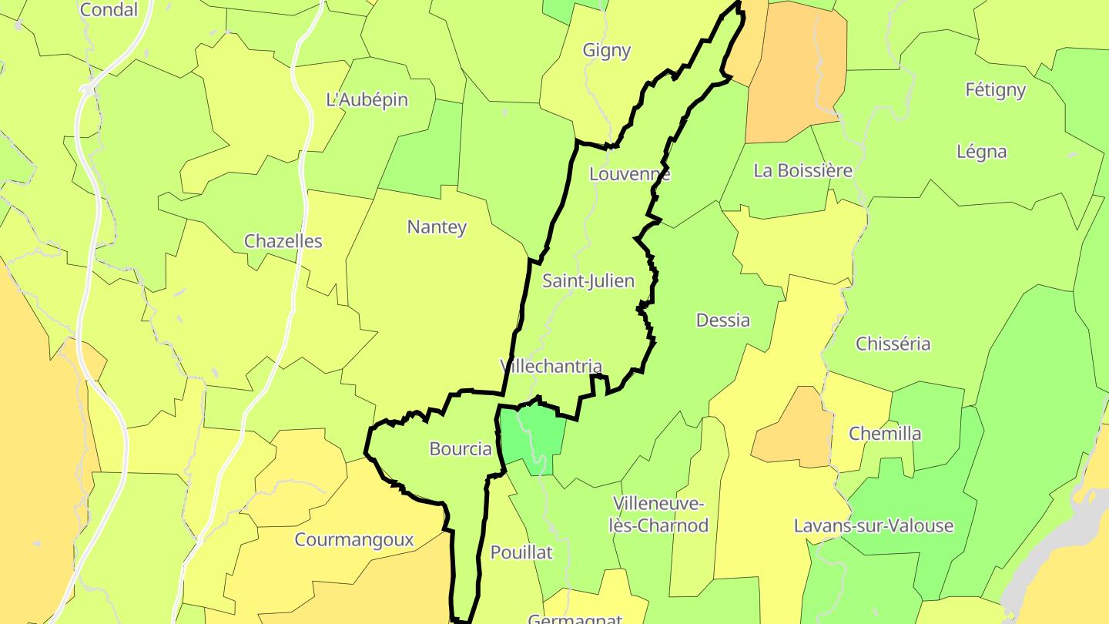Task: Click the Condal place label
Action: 109,10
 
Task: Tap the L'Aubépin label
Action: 367,99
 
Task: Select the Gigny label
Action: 607,51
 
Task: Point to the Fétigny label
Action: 995,90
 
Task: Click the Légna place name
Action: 981,152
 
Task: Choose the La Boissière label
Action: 802,170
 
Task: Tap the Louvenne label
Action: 629,174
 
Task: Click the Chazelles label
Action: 283,241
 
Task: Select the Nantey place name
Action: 437,227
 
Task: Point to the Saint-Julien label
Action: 588,281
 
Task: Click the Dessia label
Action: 722,320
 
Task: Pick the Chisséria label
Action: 893,344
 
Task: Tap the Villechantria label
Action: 551,366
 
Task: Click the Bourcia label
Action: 461,449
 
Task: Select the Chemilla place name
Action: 885,434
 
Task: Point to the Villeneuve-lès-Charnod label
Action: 658,515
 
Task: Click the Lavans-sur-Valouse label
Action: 873,526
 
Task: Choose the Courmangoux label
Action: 354,540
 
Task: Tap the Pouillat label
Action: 521,552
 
